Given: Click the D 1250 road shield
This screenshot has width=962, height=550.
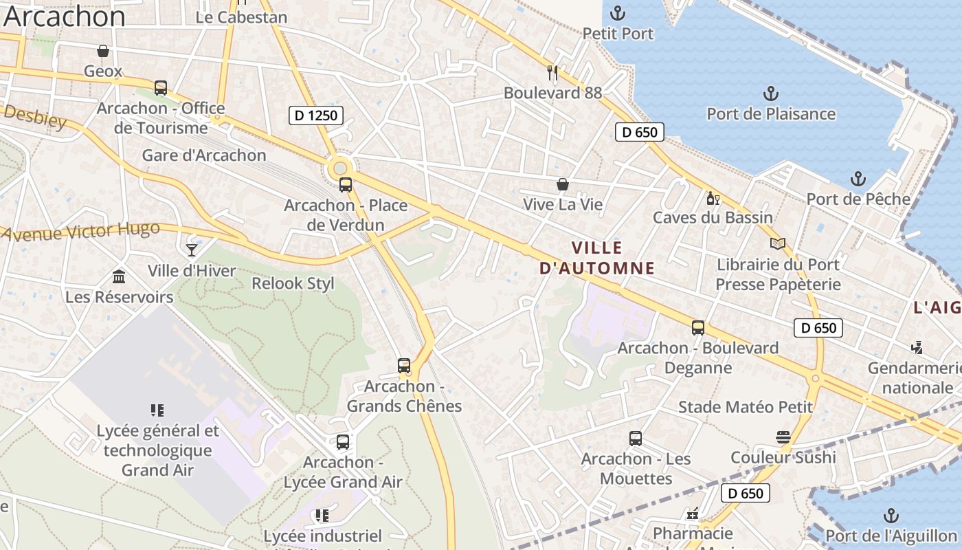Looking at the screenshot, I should (x=315, y=115).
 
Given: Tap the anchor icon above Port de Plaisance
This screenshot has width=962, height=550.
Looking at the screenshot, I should (x=771, y=93).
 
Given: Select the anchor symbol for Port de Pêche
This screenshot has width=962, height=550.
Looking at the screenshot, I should (x=858, y=179).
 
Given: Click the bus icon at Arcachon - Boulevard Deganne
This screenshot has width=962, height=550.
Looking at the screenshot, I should (x=698, y=328).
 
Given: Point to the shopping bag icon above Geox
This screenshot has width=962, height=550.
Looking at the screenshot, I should (x=103, y=51).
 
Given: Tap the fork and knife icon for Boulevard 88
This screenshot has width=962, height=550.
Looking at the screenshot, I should (x=552, y=72).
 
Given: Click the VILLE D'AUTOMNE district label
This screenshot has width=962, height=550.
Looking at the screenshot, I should (x=596, y=258).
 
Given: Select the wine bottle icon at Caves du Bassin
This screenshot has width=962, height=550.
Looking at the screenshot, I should (x=713, y=199).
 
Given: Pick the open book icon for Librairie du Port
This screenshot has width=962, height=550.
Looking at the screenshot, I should (x=778, y=244).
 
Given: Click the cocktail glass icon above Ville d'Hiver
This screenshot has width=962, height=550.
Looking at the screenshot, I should (x=192, y=250).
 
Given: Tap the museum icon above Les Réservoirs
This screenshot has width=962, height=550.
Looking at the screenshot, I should (x=119, y=276).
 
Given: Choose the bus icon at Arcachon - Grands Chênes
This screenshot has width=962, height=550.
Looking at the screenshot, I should (x=404, y=366).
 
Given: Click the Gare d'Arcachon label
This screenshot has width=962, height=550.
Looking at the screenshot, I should (x=204, y=155).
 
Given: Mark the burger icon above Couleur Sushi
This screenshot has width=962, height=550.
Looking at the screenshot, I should (x=783, y=437).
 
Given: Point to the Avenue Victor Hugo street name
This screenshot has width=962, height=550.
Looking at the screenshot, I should (x=80, y=231).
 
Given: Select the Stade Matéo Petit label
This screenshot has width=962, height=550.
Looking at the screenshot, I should (x=746, y=407).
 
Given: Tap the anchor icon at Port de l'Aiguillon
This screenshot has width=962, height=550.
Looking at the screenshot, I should (x=891, y=516).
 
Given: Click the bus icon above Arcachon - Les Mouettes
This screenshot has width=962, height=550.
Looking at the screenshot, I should (x=636, y=439).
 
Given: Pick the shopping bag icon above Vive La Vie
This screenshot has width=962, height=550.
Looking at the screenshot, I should (x=563, y=184).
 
